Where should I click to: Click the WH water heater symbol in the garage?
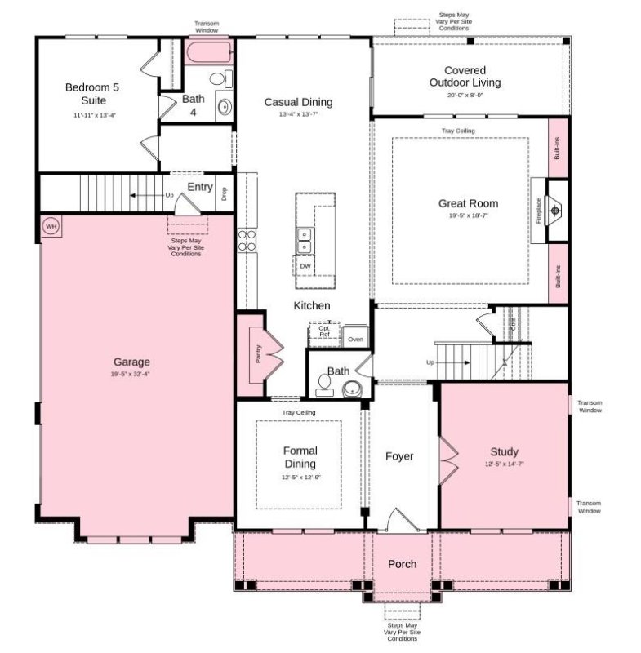coord(50,226)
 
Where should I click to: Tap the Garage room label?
coord(131,362)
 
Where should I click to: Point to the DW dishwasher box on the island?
coord(305,266)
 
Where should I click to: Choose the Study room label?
coord(504,452)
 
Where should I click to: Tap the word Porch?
coord(402,564)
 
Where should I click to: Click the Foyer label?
coord(399,456)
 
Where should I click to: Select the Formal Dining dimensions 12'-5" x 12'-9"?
coord(300,477)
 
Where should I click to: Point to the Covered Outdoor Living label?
coord(465,77)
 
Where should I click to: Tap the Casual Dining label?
coord(298,102)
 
